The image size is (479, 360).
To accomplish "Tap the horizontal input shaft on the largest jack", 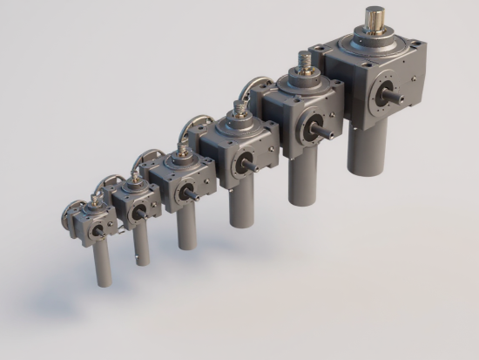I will [x=399, y=97].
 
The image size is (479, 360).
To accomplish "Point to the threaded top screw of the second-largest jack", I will [x=305, y=64].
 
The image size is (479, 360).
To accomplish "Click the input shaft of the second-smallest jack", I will [x=139, y=212].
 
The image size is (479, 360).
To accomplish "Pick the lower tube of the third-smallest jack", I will [x=186, y=228].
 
